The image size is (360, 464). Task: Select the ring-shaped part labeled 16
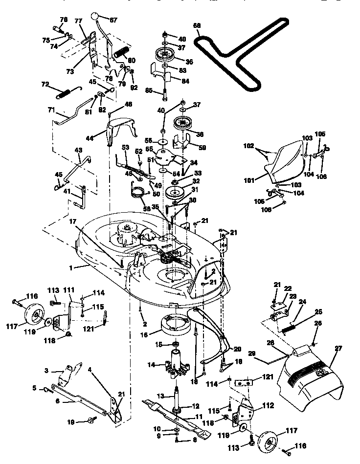[176, 327]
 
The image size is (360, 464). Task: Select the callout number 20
[238, 349]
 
